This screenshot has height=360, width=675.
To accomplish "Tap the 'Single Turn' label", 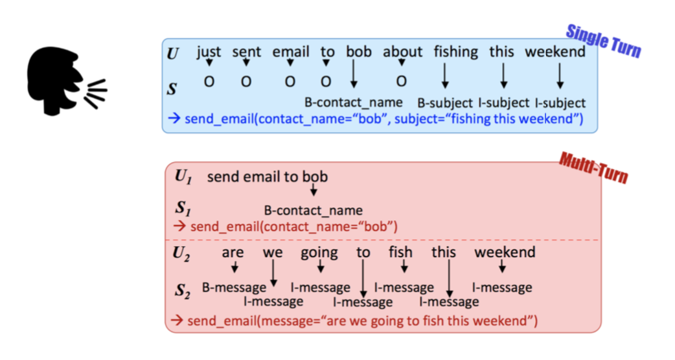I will click(603, 41).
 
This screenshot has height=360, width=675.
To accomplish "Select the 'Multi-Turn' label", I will click(593, 167).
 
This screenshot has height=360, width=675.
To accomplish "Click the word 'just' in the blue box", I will click(209, 51).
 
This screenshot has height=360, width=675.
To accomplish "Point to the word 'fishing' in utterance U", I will click(455, 51).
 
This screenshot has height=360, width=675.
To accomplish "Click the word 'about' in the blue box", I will click(402, 51).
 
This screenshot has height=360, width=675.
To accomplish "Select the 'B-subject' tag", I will click(445, 103).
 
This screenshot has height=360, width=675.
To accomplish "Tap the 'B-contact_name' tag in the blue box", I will click(354, 102).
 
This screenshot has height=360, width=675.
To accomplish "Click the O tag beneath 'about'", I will click(402, 82).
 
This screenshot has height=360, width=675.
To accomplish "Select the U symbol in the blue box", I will click(172, 54).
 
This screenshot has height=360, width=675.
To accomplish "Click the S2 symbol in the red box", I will click(184, 291).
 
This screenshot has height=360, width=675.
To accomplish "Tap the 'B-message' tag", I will click(234, 287).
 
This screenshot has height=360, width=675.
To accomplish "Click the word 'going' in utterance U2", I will click(319, 253).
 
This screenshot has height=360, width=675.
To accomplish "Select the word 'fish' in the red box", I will click(400, 252).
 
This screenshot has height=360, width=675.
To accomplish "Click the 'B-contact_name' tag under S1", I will click(314, 210).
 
